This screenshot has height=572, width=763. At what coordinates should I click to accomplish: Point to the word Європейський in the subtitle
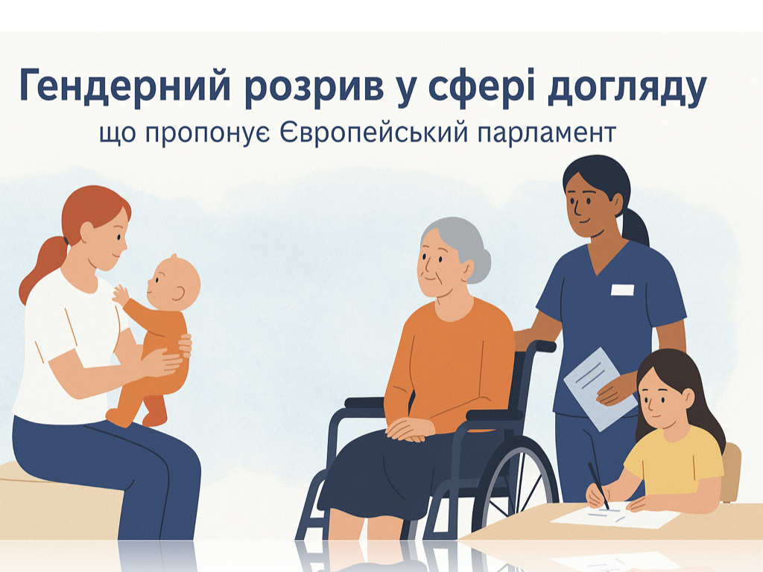374,132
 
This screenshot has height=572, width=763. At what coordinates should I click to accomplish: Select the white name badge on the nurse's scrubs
622,290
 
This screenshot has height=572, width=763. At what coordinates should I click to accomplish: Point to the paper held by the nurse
600,389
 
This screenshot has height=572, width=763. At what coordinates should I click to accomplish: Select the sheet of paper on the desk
615,517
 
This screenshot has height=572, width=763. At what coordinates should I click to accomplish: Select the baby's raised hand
120,294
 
